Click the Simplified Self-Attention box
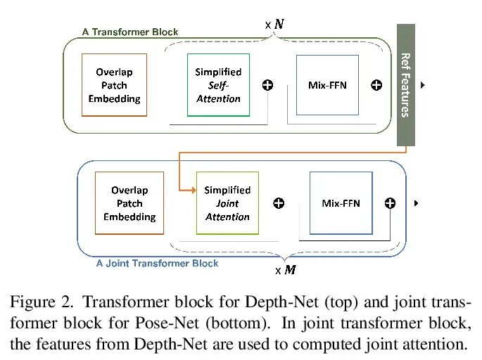click(218, 85)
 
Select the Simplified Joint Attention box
click(227, 203)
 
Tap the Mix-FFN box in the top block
click(327, 85)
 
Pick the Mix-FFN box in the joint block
click(341, 203)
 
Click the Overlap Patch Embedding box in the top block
click(115, 85)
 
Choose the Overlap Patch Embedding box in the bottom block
click(129, 203)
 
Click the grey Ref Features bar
click(406, 85)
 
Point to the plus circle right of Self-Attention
click(267, 85)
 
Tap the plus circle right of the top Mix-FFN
click(376, 85)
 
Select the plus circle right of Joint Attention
click(279, 203)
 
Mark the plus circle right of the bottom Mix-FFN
click(390, 203)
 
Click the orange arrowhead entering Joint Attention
click(194, 191)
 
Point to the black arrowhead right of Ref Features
click(423, 85)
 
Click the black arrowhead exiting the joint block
click(417, 203)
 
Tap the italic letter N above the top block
click(279, 24)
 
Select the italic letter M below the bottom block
click(290, 270)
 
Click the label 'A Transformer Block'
click(130, 32)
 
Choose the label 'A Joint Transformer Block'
click(157, 263)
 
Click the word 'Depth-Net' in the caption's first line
click(281, 302)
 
